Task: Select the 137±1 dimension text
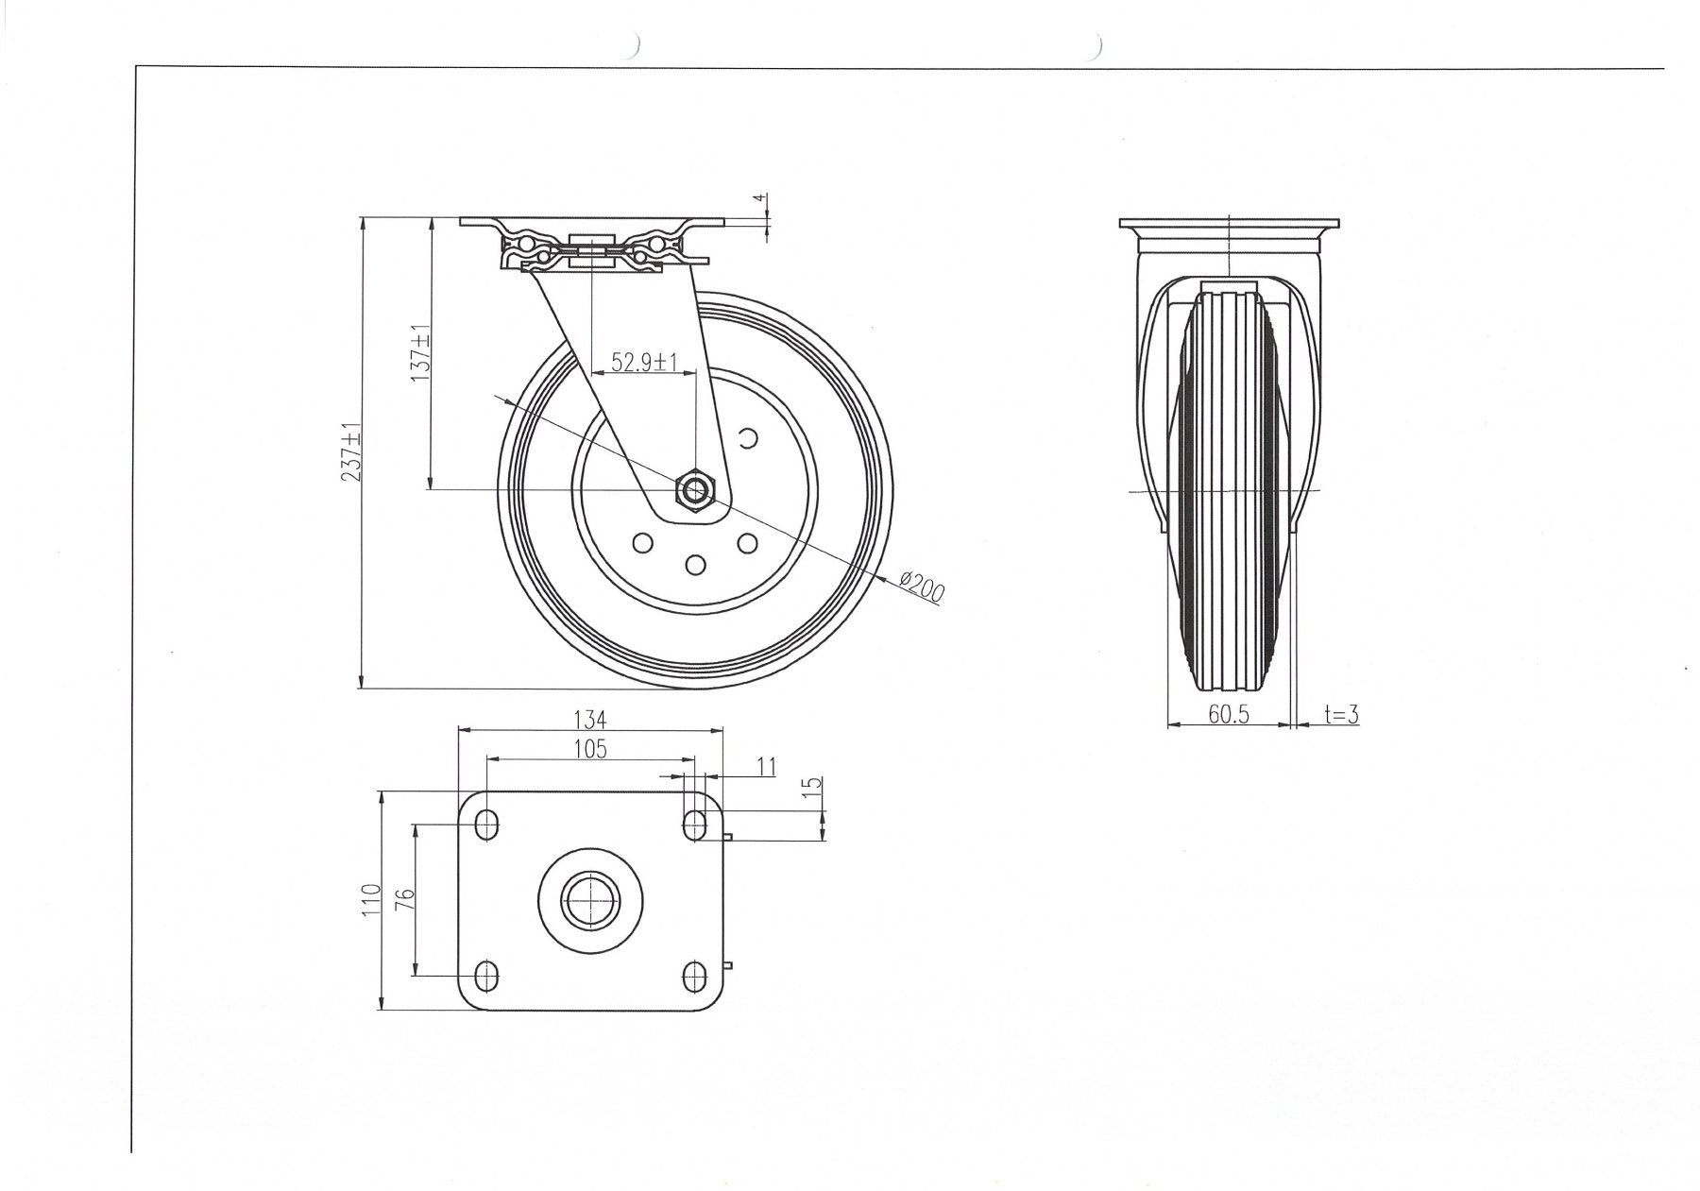coord(419,353)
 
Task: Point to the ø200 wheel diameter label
coord(923,588)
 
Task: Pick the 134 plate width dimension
coord(589,719)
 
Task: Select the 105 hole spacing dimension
coord(589,749)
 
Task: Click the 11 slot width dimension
coord(766,767)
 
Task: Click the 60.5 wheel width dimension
coord(1229,715)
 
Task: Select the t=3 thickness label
coord(1340,715)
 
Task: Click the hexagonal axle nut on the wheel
coord(696,489)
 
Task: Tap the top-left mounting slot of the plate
coord(486,825)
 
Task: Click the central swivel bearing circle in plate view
coord(589,899)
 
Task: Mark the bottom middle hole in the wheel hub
coord(696,565)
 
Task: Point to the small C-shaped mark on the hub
coord(748,437)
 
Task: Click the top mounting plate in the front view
coord(592,221)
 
